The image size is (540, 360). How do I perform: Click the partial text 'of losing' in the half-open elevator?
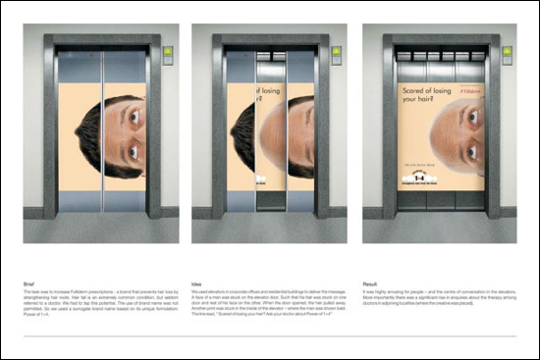point(237,97)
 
